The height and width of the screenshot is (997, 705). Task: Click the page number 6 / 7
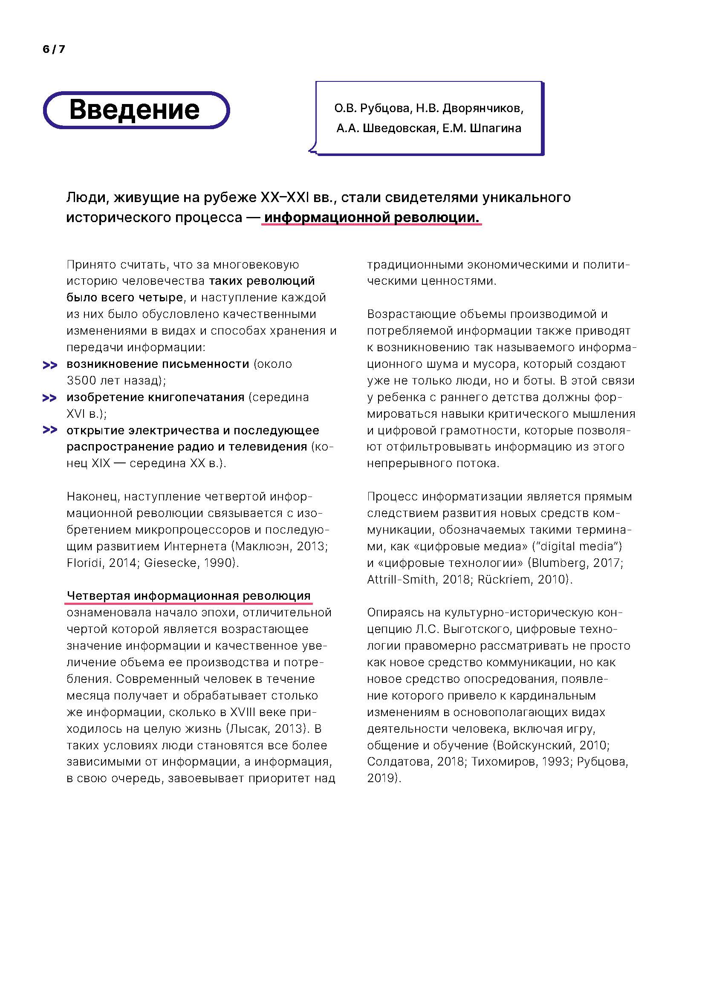coord(54,49)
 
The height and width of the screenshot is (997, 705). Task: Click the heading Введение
coord(135,110)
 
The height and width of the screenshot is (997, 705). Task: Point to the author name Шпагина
coord(496,129)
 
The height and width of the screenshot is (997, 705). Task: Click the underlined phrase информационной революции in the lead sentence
coord(372,217)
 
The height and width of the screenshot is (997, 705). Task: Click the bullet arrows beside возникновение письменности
coord(50,365)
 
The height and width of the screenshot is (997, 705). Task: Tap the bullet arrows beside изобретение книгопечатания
coord(50,398)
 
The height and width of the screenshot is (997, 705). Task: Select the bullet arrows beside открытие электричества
coord(50,431)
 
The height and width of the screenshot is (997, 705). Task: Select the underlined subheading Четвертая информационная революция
coord(188,596)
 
